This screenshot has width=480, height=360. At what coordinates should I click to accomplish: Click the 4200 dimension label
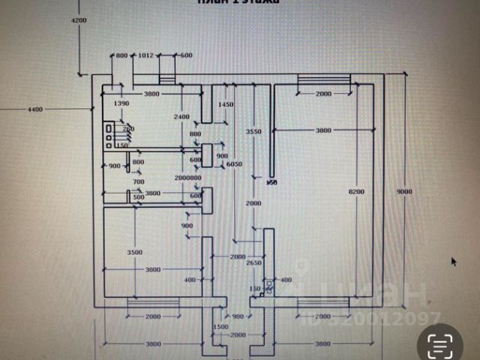[x=79, y=20]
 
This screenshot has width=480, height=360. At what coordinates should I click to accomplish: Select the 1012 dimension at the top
[x=146, y=55]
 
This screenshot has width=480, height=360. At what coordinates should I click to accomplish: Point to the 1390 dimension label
[x=121, y=103]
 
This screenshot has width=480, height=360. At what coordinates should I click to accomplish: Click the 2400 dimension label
[x=181, y=117]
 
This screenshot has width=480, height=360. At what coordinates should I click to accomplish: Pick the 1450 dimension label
[x=226, y=104]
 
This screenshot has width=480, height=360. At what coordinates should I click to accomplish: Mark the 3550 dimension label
[x=253, y=131]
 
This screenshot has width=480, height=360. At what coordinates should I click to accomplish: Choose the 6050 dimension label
[x=234, y=164]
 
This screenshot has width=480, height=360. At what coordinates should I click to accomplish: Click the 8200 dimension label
[x=356, y=192]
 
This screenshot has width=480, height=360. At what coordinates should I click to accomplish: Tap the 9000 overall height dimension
[x=405, y=192]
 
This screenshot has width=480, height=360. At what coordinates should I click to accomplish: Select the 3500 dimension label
[x=134, y=252]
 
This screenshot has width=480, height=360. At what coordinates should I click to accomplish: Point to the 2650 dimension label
[x=253, y=262]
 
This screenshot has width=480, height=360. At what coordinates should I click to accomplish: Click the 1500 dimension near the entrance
[x=220, y=328]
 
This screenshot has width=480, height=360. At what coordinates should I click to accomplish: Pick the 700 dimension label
[x=138, y=181]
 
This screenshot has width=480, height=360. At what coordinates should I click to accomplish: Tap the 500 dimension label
[x=139, y=196]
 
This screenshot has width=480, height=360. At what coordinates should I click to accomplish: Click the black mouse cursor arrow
[x=453, y=261]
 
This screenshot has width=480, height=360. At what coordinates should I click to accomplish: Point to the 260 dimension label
[x=128, y=129]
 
